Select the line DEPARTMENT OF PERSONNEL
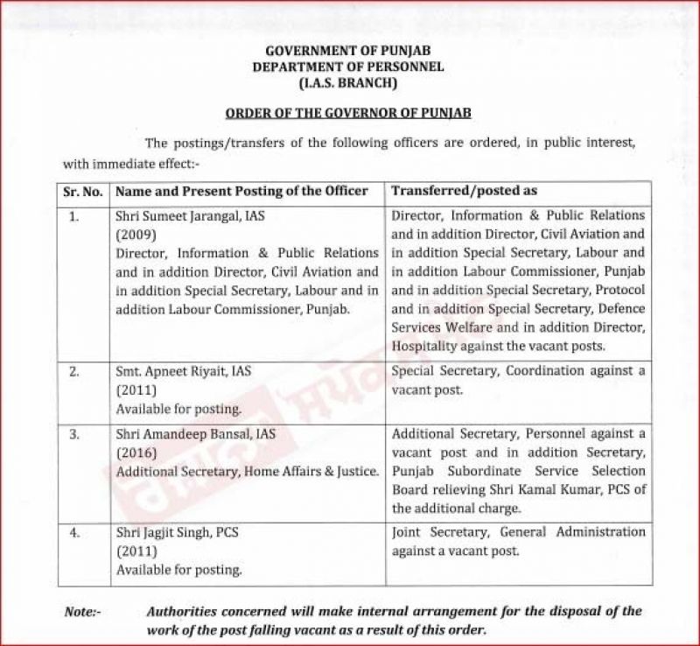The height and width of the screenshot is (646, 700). [x=348, y=67]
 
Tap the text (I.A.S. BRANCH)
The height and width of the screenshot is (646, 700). [x=348, y=83]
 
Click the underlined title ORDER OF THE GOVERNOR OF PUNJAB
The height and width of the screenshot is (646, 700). [x=348, y=113]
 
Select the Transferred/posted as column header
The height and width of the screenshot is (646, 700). [x=464, y=190]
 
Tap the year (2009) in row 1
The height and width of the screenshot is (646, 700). [x=136, y=235]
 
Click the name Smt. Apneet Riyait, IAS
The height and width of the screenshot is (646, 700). [x=183, y=371]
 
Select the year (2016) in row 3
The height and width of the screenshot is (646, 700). [x=136, y=453]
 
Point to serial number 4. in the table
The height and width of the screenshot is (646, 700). [x=75, y=532]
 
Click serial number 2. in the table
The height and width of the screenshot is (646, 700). [x=75, y=371]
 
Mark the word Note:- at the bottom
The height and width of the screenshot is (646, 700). [x=82, y=612]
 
